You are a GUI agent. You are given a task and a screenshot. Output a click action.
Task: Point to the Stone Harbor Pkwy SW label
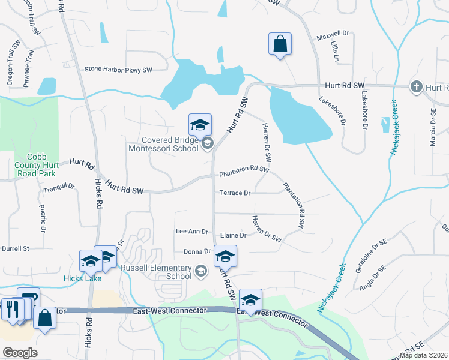118,70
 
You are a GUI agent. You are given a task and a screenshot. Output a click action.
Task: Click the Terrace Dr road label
235,193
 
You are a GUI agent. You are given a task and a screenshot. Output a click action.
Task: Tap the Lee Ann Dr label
191,231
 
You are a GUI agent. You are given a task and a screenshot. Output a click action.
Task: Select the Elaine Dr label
234,236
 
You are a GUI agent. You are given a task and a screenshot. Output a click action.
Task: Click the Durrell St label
15,248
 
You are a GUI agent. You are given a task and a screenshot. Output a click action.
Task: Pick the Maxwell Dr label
337,34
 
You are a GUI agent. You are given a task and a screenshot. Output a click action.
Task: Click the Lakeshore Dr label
333,112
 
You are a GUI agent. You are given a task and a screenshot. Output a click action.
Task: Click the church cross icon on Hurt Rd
415,87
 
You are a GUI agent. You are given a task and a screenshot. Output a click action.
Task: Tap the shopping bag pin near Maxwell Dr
280,44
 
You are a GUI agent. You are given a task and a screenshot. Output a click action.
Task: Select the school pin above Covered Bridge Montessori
200,125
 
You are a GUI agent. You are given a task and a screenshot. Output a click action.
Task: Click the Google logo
20,352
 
